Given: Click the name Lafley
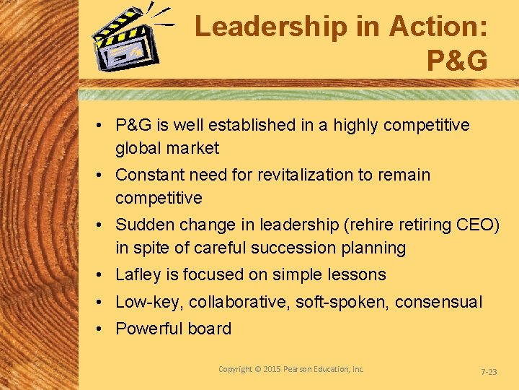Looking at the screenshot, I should click(x=137, y=274).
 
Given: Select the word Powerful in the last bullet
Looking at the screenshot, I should click(x=148, y=329).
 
